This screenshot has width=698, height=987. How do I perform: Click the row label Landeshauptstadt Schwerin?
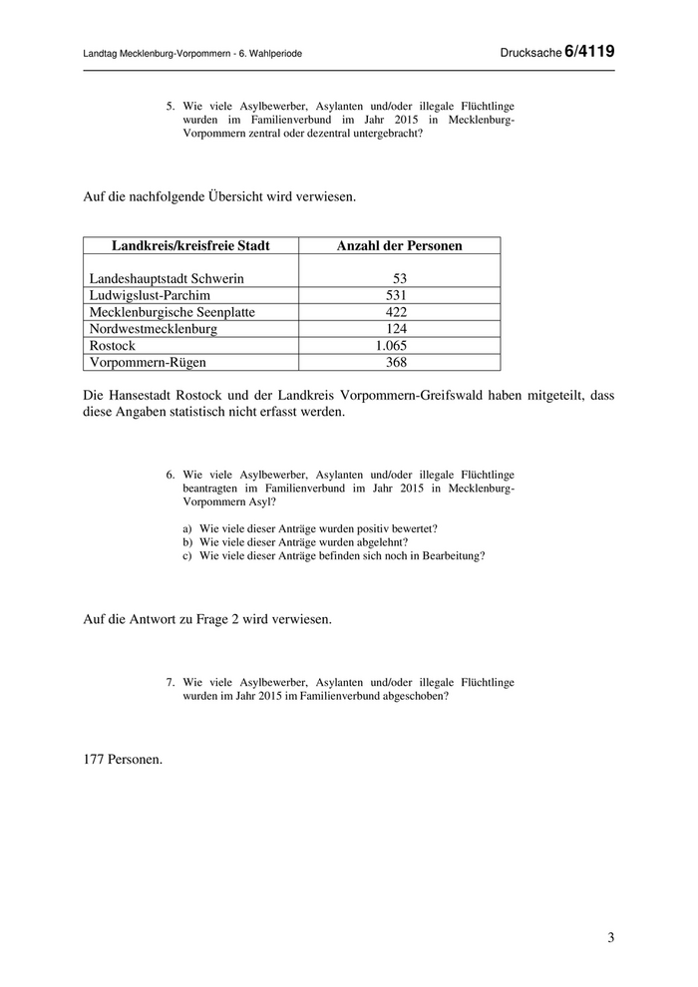tap(167, 279)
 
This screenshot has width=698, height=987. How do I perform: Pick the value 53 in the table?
tap(400, 279)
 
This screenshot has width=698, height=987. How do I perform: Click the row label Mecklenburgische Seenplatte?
tap(173, 312)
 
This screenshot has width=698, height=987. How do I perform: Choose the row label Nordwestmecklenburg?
tap(154, 328)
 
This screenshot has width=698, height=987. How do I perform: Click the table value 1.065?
tap(391, 345)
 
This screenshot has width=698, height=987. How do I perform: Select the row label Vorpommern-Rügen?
tap(148, 362)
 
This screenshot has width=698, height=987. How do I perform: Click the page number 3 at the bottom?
tap(610, 937)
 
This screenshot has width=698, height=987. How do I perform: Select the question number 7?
tap(171, 682)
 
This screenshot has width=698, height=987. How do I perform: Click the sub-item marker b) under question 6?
tap(186, 541)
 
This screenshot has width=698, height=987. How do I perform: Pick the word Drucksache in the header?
tap(531, 52)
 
